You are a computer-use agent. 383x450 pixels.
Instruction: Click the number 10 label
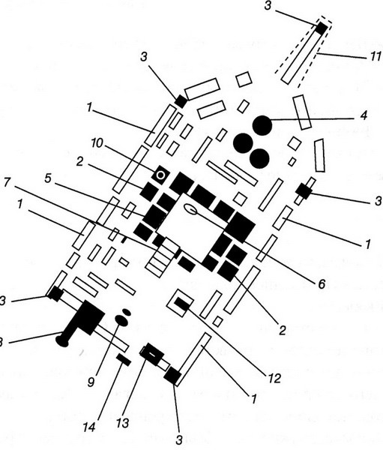97,143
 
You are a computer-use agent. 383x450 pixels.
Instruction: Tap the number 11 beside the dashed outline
375,56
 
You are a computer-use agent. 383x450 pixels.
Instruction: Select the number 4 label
364,115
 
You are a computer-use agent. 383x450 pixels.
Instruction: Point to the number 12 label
274,379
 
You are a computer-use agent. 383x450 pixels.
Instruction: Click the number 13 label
123,423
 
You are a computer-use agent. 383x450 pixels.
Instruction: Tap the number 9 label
91,382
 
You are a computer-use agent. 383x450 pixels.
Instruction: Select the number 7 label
7,182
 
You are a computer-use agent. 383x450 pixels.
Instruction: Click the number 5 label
48,178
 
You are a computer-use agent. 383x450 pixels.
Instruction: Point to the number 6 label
322,283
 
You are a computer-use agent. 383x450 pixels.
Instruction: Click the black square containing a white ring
160,175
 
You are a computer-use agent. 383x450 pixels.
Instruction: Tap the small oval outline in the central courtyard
190,209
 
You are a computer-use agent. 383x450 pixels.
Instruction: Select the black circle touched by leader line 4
262,125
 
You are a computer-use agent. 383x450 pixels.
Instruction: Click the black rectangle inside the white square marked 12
182,304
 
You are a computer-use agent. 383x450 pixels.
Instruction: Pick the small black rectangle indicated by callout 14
124,359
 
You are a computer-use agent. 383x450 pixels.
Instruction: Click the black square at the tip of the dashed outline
322,28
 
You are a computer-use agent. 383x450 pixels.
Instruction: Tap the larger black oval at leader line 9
121,320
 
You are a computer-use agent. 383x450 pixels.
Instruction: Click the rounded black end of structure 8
62,340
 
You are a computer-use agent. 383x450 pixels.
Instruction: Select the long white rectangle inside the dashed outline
301,55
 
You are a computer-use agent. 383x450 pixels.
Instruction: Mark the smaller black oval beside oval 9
127,312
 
